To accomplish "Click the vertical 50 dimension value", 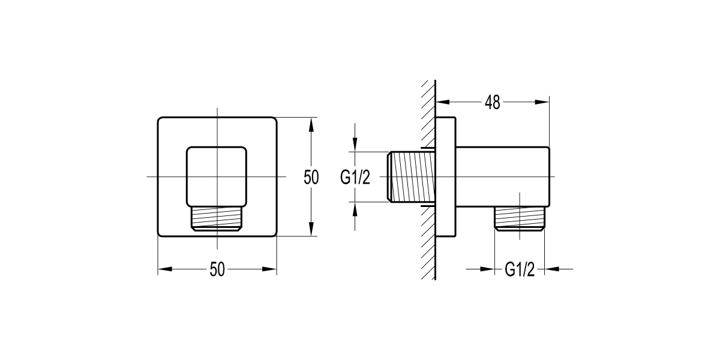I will [x=311, y=177].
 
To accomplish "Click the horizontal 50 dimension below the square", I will [x=217, y=270].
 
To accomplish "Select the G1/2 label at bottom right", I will [x=519, y=269].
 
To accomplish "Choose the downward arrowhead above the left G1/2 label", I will [x=355, y=143].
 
